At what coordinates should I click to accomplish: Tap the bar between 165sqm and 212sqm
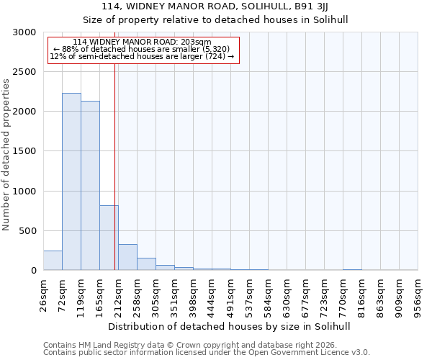(x=109, y=238)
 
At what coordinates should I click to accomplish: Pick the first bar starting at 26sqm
(x=53, y=261)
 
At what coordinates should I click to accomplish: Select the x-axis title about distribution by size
(x=230, y=326)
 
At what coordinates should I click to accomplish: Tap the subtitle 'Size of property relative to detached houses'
(x=230, y=19)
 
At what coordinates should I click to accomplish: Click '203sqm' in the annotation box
(x=197, y=42)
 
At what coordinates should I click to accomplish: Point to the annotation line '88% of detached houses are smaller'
(x=141, y=49)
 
